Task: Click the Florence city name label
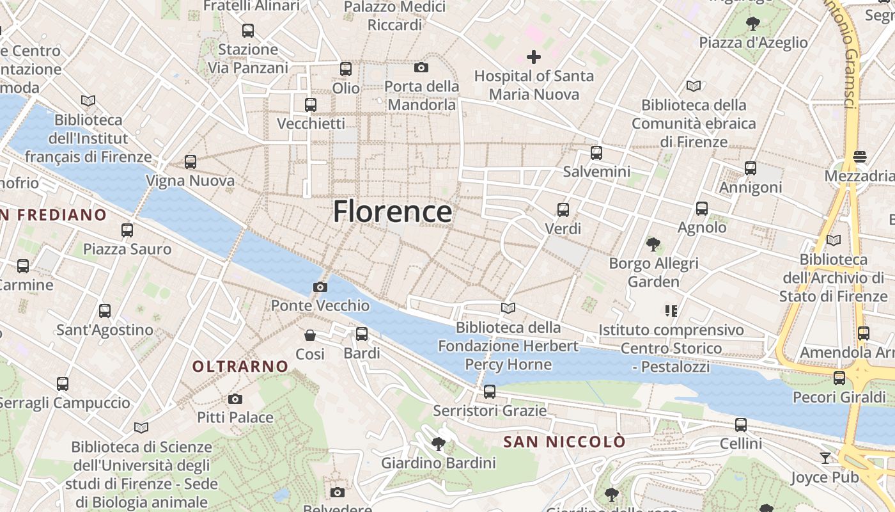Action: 392,211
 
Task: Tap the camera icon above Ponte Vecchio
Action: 320,287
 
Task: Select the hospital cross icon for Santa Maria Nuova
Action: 533,57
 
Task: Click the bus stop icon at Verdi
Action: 563,209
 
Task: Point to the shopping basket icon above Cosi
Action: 310,335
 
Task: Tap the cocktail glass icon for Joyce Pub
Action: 825,458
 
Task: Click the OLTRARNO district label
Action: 240,366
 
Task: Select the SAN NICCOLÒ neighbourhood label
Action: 564,442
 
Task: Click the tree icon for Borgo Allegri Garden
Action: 653,244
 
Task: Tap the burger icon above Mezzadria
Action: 860,157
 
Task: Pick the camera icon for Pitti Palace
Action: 235,399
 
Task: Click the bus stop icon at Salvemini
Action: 596,152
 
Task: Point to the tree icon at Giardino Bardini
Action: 438,444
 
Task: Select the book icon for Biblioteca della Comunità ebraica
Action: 693,86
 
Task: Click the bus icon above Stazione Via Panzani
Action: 247,30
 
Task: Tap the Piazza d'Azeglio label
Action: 753,43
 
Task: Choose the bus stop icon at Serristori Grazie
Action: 489,391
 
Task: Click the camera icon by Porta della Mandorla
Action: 421,67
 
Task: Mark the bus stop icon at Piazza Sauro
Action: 127,230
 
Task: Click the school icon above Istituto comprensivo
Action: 671,311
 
